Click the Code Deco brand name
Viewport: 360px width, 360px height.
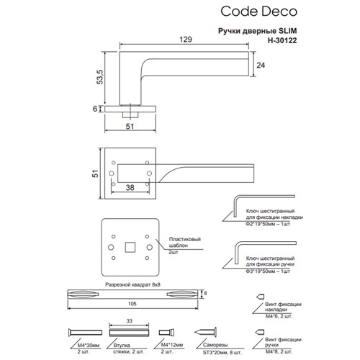pos(258,12)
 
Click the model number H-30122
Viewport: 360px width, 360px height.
pos(282,40)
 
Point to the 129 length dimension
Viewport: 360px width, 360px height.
pos(186,40)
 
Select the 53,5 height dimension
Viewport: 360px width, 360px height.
pos(100,77)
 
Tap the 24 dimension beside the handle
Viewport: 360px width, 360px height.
pos(261,65)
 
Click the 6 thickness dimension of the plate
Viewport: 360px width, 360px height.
pos(95,109)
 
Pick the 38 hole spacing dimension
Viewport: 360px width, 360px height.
pos(130,187)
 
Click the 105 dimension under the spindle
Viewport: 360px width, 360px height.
pos(132,304)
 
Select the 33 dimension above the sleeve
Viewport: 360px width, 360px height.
pos(129,321)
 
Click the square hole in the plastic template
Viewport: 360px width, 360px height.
pos(130,247)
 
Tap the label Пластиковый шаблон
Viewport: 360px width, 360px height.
pos(184,242)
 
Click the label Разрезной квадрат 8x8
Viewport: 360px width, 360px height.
pos(132,284)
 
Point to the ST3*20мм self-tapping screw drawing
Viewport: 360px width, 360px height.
pos(205,332)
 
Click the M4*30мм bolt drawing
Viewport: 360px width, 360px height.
pos(85,333)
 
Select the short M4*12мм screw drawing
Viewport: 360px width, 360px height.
pos(166,333)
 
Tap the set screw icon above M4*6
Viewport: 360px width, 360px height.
pos(261,297)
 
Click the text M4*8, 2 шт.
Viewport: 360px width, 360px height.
pos(279,351)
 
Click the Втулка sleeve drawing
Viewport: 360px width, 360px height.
pos(129,333)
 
